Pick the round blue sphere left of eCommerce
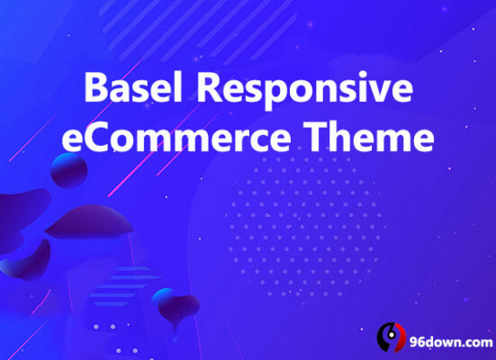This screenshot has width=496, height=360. (69, 168)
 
